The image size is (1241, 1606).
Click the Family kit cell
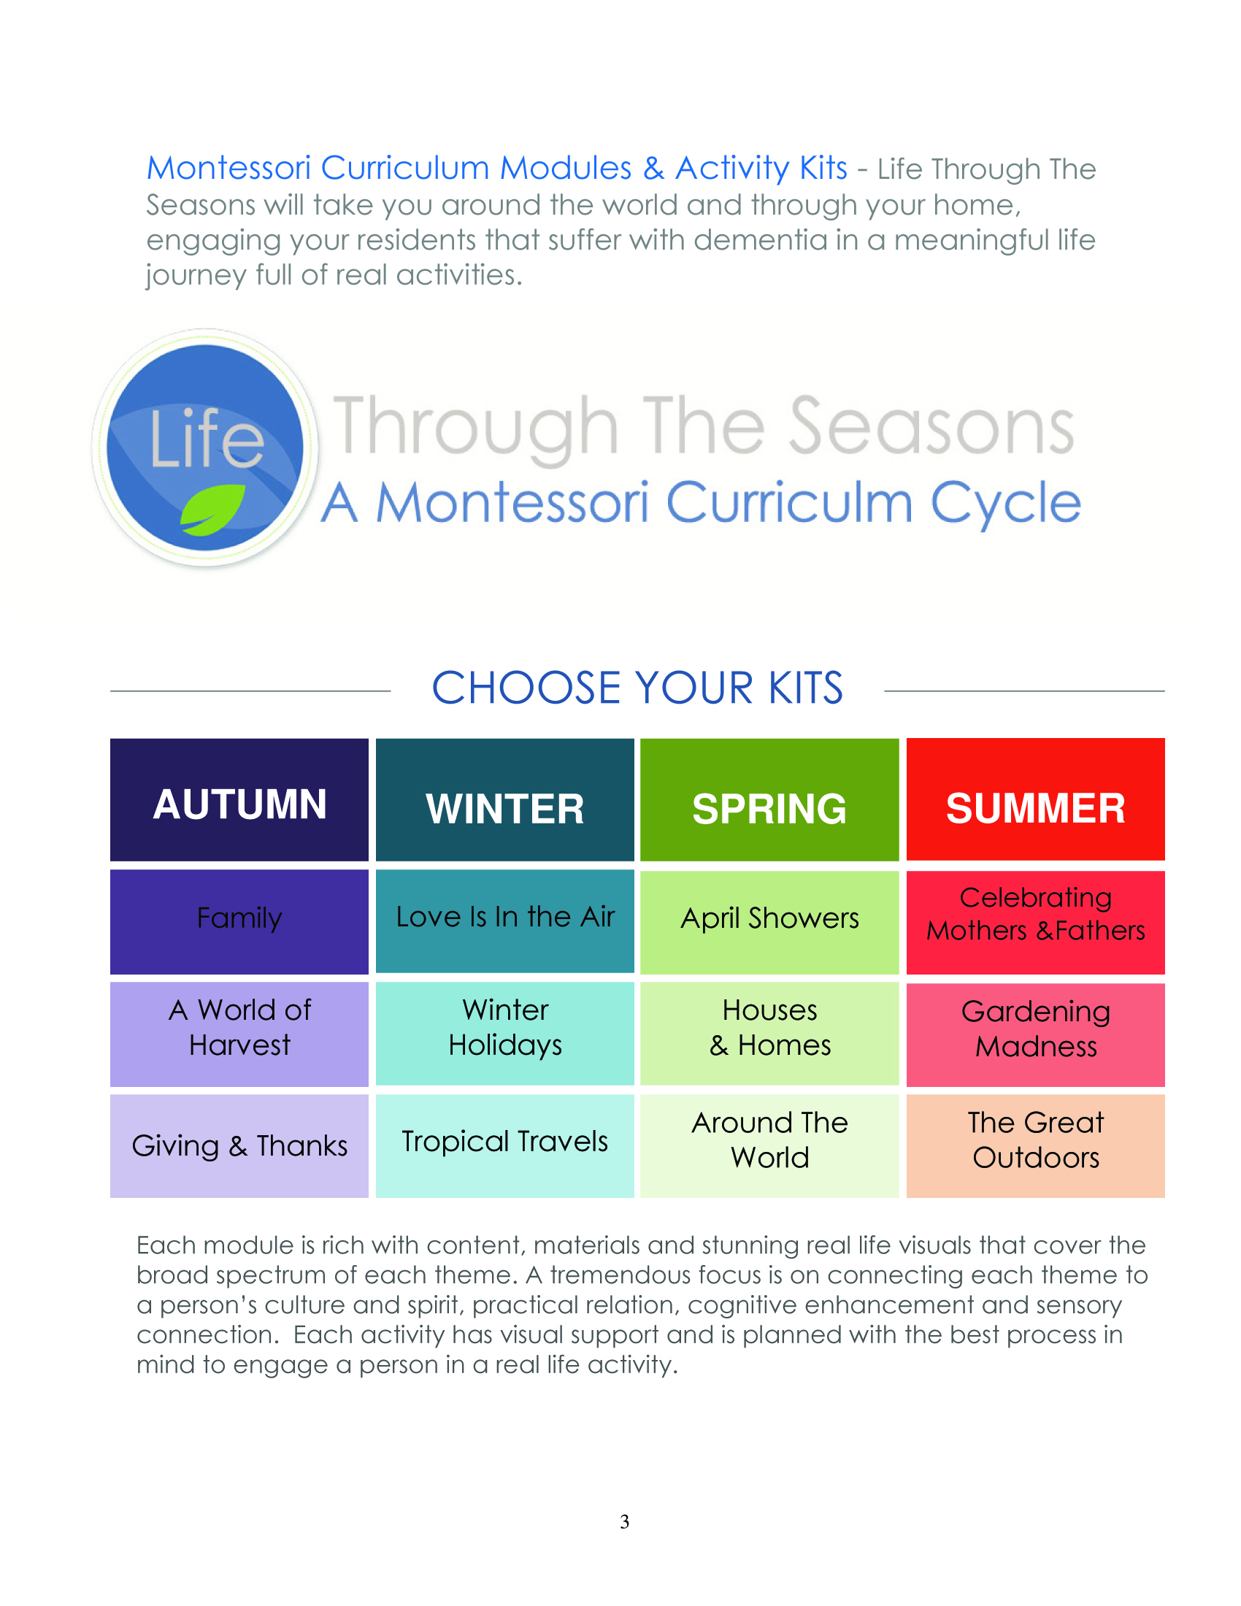click(239, 921)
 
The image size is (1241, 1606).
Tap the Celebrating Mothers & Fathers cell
click(1035, 922)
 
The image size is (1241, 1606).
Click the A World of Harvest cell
click(239, 1034)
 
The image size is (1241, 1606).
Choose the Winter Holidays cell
click(504, 1033)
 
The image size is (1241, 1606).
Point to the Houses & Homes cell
click(769, 1033)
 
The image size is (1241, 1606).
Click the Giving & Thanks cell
click(239, 1145)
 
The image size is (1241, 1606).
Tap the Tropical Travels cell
click(504, 1145)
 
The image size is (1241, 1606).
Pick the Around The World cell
click(769, 1145)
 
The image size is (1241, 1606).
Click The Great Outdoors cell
click(1035, 1145)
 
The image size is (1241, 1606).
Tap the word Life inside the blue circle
click(207, 439)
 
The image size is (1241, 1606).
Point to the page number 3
click(624, 1521)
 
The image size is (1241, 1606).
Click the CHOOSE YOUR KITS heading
click(637, 688)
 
